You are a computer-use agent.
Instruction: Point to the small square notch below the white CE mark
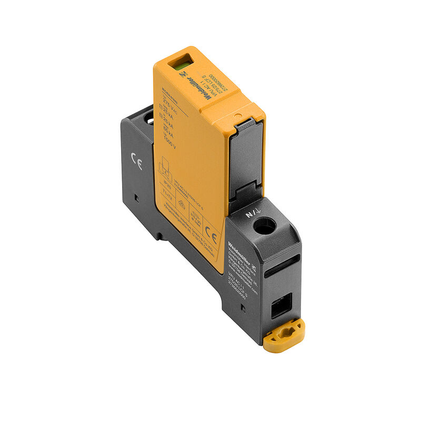tap(135, 198)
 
